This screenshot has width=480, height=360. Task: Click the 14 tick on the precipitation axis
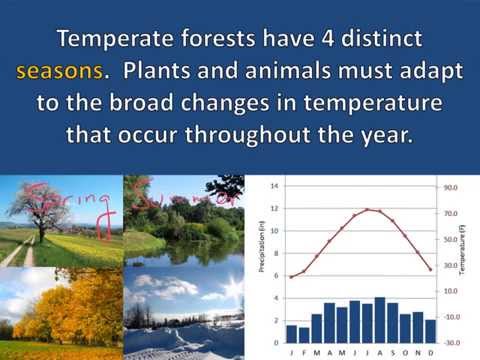275,187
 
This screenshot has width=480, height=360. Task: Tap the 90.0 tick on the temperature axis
450,187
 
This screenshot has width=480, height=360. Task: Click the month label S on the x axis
392,351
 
